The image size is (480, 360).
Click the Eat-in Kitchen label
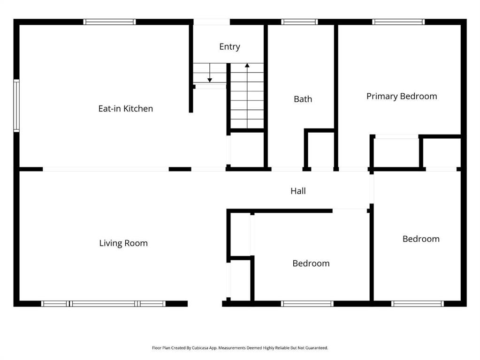pos(125,109)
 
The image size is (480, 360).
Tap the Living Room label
pos(123,243)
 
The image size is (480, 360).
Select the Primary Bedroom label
pos(402,97)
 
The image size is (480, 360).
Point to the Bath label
pos(303,99)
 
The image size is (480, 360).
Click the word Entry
pos(229,47)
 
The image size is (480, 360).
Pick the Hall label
pos(298,191)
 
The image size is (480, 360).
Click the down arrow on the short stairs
pos(210,73)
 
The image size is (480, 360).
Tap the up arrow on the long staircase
pos(247,96)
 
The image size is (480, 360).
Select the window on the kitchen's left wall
pos(16,106)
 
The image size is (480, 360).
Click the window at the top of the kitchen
pos(110,22)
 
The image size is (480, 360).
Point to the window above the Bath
pos(299,22)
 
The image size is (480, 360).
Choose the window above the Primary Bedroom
pos(398,22)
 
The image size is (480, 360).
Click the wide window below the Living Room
pos(104,304)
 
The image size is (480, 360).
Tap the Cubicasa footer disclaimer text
pos(240,348)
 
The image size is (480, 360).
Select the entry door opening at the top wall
pos(212,22)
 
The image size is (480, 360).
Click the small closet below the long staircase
pos(247,150)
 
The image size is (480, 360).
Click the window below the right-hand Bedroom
pos(417,304)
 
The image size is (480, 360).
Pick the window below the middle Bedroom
pos(307,304)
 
